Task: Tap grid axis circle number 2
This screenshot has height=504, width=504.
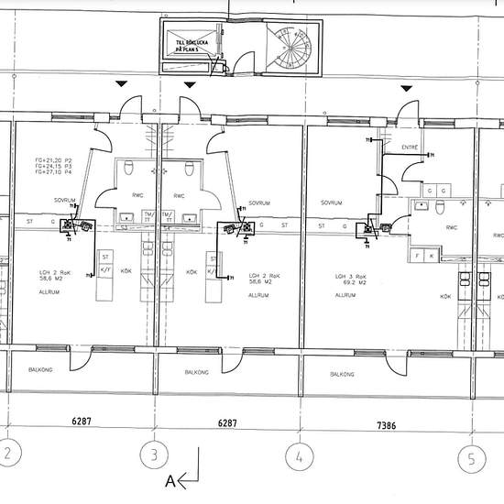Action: point(7,455)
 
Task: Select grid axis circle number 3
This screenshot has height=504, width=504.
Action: point(154,455)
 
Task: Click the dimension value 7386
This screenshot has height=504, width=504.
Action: point(386,424)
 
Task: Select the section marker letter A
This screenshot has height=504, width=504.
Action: point(169,479)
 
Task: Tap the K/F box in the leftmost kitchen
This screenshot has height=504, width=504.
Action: point(104,271)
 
